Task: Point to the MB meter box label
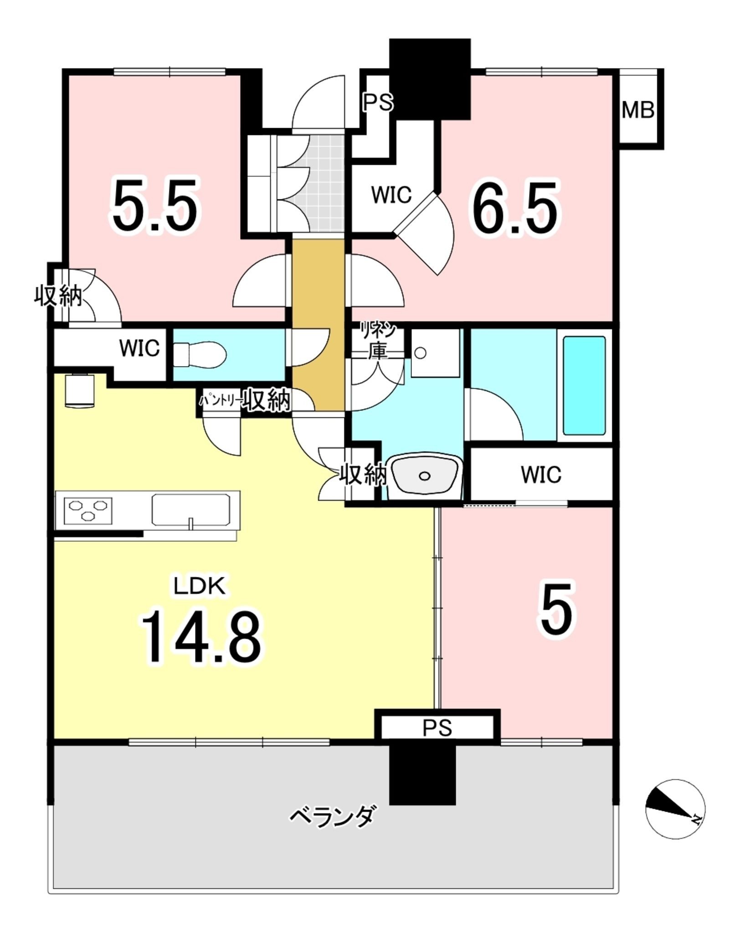click(x=638, y=110)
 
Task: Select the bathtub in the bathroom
click(x=584, y=386)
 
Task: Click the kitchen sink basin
click(x=190, y=510)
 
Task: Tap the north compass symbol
click(x=675, y=808)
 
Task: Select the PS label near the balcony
click(x=437, y=728)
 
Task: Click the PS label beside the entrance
click(x=378, y=103)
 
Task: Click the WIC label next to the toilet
click(x=139, y=348)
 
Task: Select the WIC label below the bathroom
click(x=541, y=475)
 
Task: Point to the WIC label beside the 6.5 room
click(x=391, y=195)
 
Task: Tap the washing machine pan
click(x=435, y=353)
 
